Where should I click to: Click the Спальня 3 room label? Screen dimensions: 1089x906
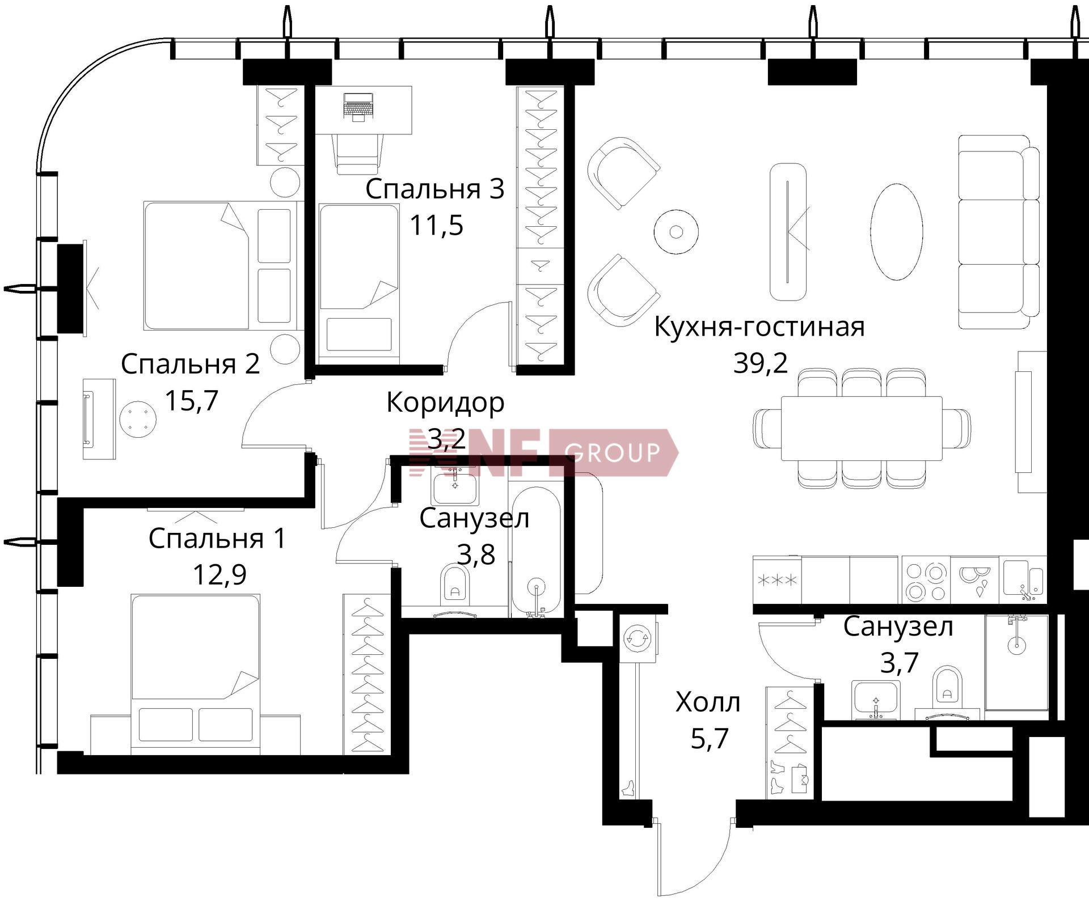(x=434, y=189)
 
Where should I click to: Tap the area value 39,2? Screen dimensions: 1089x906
(x=761, y=362)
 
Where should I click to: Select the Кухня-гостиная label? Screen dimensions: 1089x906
(x=759, y=327)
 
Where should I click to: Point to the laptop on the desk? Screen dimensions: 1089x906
(x=358, y=107)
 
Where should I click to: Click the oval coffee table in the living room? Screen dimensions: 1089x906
(x=896, y=232)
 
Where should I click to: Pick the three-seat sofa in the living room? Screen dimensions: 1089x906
(x=999, y=232)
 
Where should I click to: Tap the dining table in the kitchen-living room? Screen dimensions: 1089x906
(x=862, y=428)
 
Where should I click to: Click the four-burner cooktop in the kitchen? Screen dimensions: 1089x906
(x=926, y=580)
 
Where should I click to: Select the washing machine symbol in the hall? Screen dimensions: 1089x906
(x=638, y=638)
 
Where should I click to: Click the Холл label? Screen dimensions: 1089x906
(x=708, y=702)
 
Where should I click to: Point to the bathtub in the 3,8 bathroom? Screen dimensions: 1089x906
(x=536, y=549)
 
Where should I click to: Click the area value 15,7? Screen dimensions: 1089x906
(x=192, y=400)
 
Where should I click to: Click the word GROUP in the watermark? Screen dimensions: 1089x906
(x=613, y=452)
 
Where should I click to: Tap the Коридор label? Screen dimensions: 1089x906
(x=445, y=403)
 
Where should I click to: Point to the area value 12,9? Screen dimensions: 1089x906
(x=220, y=574)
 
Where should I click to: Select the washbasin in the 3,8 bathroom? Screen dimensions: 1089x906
(x=454, y=487)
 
